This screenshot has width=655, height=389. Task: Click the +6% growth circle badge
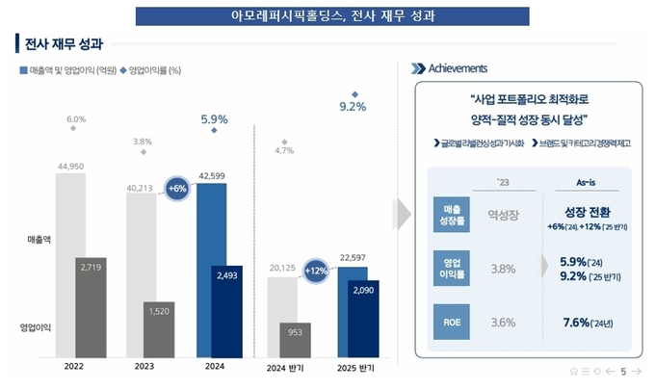177,189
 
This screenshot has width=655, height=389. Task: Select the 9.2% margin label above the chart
353,107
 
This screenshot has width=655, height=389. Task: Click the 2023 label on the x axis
144,368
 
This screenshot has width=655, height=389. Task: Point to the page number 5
624,372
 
